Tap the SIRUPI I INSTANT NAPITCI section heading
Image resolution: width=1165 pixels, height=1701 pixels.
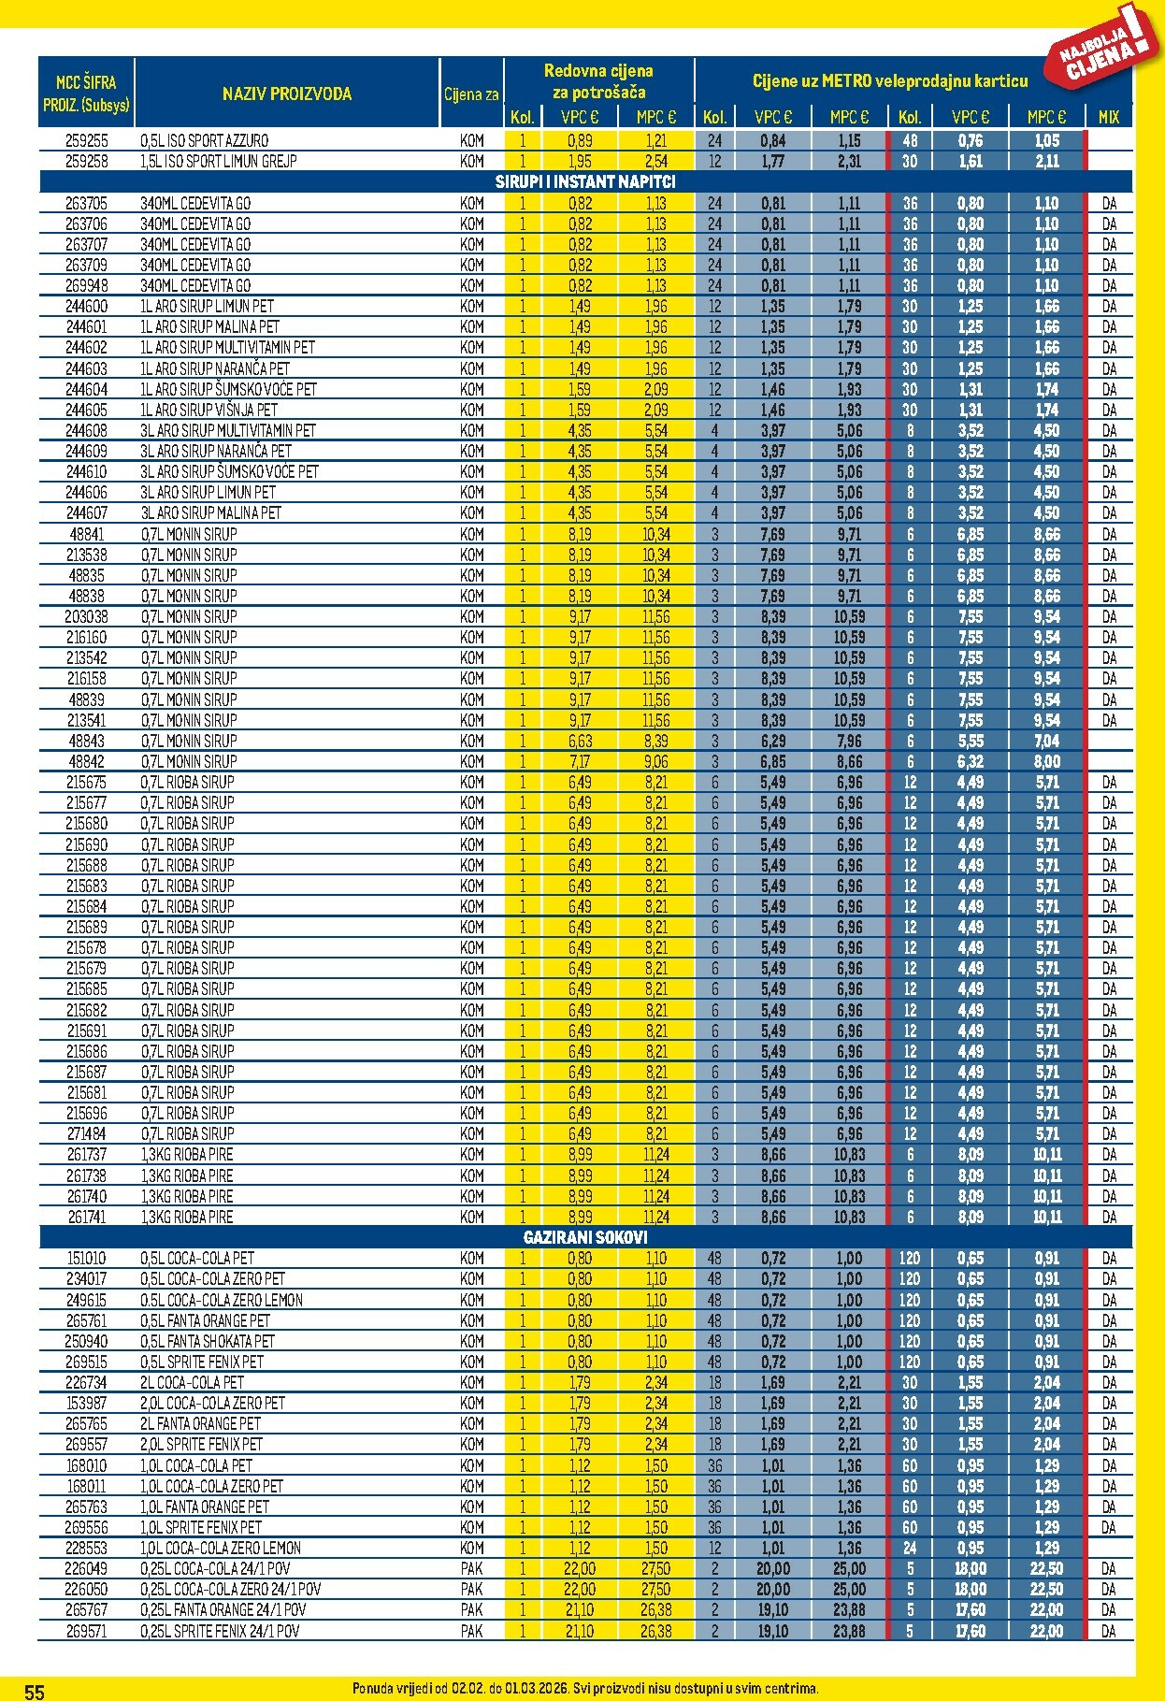(585, 181)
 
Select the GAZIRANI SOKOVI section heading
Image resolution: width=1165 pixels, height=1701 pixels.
(585, 1237)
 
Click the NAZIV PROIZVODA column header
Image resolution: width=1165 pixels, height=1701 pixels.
(287, 94)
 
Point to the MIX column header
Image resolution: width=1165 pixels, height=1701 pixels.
(1109, 117)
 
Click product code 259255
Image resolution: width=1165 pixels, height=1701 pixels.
(87, 140)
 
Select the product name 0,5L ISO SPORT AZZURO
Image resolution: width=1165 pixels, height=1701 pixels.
(205, 140)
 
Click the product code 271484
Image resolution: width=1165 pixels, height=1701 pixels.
(87, 1133)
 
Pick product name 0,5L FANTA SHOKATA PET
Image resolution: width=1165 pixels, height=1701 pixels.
(208, 1341)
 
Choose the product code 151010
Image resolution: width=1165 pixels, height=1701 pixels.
(87, 1258)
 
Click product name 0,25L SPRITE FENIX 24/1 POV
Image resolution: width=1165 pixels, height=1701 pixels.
(221, 1630)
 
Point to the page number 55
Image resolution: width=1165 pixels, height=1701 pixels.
(35, 1691)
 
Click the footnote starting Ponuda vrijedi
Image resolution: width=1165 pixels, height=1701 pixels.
(585, 1688)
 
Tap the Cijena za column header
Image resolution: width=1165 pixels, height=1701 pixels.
(471, 94)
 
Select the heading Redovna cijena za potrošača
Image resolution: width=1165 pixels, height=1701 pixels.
(598, 81)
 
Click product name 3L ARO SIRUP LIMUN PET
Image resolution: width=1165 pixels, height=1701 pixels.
(209, 492)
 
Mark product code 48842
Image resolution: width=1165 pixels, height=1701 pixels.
(87, 761)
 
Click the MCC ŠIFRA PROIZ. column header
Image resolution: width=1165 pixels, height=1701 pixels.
(86, 94)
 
